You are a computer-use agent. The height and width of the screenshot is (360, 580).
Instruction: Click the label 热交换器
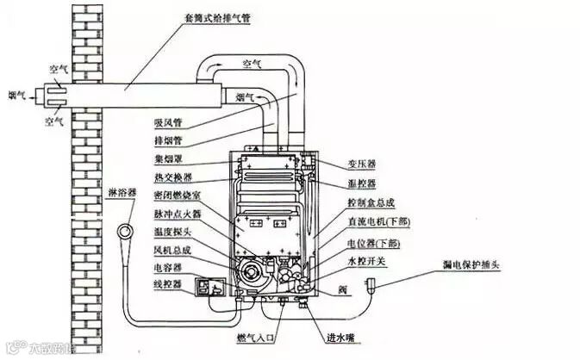click(169, 177)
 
